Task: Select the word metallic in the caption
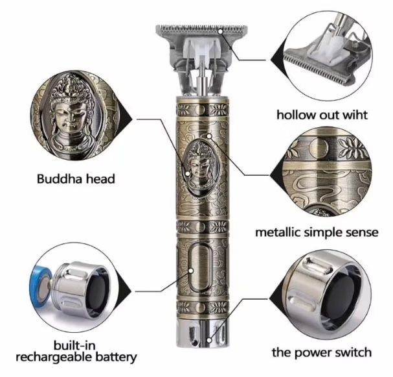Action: point(278,232)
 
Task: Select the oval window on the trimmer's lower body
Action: point(200,267)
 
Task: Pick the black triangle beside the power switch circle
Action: point(276,299)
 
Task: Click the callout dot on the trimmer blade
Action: point(221,31)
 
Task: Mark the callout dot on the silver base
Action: point(209,341)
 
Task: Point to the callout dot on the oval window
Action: point(191,271)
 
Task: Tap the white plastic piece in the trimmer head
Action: point(201,51)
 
